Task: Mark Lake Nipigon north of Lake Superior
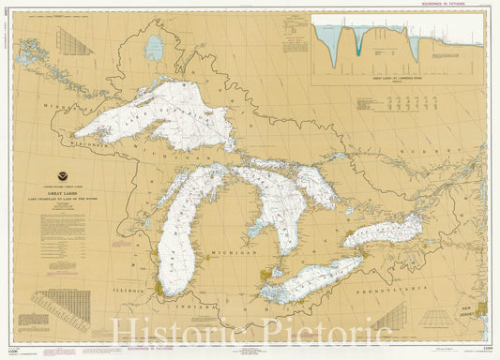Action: (x=153, y=47)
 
